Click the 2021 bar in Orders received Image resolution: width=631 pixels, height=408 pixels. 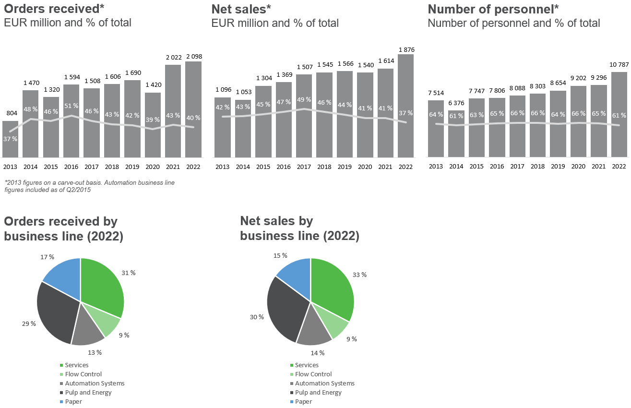coord(173,110)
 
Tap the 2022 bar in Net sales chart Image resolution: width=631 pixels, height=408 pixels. coord(405,106)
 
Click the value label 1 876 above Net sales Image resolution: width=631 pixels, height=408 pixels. coord(405,49)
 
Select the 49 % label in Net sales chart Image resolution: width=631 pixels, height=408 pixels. coord(304,100)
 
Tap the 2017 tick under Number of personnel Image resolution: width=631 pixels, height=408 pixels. coord(517,166)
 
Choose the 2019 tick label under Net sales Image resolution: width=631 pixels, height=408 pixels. coord(345,166)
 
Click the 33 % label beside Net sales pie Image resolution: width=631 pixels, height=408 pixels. coord(359,275)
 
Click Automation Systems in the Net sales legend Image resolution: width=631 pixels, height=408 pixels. coord(324,383)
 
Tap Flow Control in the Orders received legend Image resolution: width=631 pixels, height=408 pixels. coord(83,374)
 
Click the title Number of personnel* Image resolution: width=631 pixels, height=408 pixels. coord(493,9)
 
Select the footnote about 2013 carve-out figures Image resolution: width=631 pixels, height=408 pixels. coord(89,186)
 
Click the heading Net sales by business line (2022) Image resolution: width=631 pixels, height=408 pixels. coord(299,228)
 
